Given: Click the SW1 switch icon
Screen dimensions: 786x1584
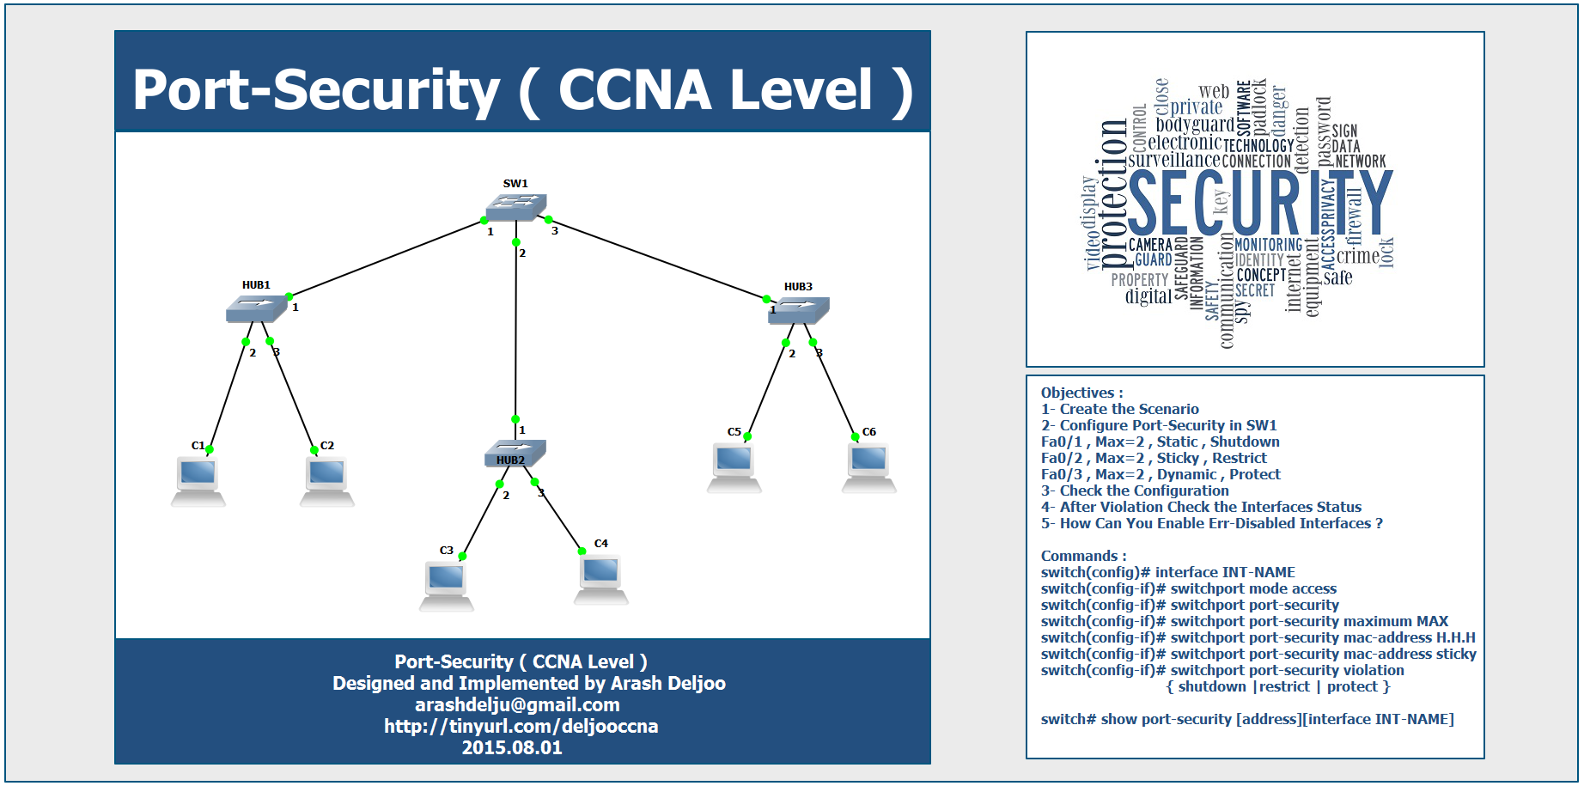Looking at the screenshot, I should click(515, 207).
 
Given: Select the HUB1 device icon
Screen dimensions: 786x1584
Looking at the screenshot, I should click(256, 308).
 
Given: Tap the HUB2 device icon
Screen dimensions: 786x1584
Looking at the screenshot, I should click(515, 453).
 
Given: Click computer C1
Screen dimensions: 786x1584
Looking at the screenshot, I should click(198, 481).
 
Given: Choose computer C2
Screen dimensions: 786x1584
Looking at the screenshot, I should click(327, 481).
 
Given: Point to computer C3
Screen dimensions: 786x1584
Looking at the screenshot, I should click(447, 585).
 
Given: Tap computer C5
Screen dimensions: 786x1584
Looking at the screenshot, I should click(734, 467).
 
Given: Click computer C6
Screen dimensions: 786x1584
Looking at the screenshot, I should click(868, 467).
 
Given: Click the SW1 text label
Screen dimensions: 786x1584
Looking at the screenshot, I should click(515, 184).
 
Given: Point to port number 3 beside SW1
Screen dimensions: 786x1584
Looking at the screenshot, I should click(555, 231).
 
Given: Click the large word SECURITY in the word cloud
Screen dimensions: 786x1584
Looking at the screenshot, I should click(1259, 203).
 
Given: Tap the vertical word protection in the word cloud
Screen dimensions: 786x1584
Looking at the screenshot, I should click(1113, 194).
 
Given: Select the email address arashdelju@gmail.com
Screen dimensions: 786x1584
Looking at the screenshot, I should click(517, 705).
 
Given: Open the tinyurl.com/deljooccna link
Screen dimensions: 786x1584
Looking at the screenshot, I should click(521, 727).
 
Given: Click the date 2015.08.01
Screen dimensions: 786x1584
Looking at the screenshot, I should click(512, 748).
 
